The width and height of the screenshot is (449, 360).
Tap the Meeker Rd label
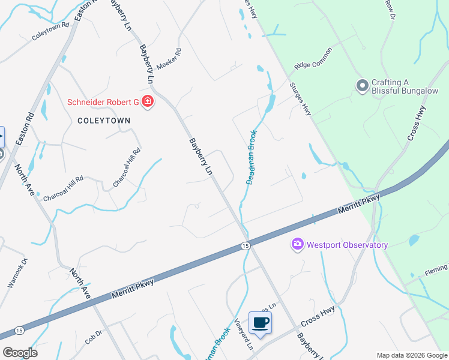pos(169,59)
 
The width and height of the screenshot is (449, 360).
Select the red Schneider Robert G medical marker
pos(148,102)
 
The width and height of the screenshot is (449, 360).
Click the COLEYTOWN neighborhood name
pos(104,120)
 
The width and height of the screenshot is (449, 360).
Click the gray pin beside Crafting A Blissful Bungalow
pos(361,86)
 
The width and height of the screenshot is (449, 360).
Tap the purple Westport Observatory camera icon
pos(297,244)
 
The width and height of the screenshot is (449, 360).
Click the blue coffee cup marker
pos(260,322)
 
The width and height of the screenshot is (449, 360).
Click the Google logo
pos(20,352)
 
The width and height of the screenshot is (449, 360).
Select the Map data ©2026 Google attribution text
pos(412,355)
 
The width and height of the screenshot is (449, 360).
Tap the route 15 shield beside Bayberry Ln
pos(245,245)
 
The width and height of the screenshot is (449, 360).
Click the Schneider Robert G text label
pos(103,102)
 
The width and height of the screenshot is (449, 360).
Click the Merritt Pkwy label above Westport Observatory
pos(359,203)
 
